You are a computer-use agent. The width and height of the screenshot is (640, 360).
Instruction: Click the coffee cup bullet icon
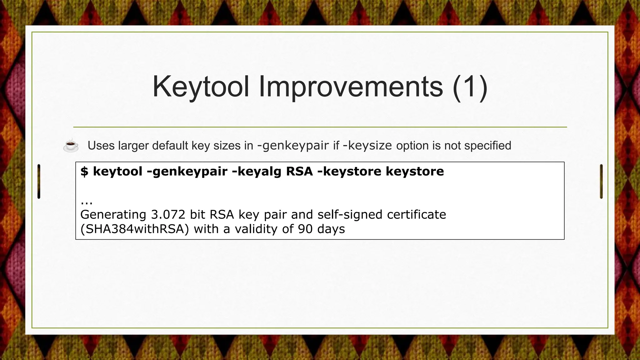coord(71,145)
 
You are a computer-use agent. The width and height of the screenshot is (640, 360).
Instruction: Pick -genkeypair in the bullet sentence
coord(293,146)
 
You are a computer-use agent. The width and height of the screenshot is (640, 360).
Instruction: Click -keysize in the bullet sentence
coord(367,146)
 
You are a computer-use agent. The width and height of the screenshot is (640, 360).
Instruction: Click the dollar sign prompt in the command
coord(84,171)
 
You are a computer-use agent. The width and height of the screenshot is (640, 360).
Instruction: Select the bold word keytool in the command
coord(118,171)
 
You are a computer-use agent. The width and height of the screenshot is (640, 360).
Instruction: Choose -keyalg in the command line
coord(257,171)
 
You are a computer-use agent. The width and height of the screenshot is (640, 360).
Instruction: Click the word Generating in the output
coord(113,215)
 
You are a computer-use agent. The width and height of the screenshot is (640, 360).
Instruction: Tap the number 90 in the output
coord(305,229)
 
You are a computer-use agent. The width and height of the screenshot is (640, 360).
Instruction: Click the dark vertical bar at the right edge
coord(601,181)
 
